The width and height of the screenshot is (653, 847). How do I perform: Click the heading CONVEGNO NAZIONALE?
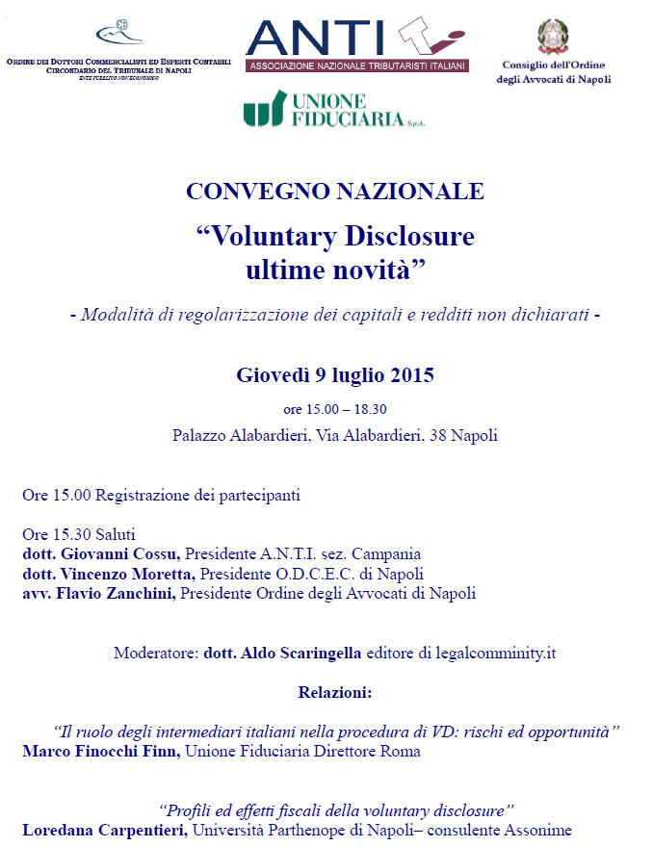coord(335,191)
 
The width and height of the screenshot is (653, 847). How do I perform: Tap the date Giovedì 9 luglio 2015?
coord(335,375)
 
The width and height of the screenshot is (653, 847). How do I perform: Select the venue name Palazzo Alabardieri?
coord(240,436)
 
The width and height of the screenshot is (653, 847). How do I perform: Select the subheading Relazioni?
coord(335,692)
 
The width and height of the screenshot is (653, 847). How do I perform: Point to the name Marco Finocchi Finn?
coord(101,752)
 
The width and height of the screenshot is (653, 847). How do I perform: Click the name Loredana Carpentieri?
coord(107,830)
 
